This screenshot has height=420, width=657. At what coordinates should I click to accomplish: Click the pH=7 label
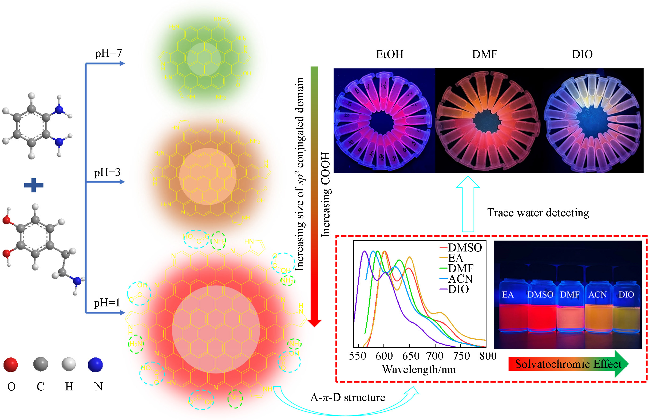pos(108,53)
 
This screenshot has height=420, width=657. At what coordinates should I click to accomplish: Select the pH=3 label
pos(107,172)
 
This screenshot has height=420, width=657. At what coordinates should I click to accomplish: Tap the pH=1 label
pos(107,303)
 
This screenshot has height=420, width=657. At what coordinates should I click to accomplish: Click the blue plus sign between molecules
pos(34,185)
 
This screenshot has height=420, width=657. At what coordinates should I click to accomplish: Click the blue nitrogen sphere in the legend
pos(96,364)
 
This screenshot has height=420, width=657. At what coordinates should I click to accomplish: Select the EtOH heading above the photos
pos(390,54)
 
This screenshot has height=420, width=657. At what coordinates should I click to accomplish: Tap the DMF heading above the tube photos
pos(485,54)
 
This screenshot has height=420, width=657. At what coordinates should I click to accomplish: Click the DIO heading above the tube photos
pos(582,54)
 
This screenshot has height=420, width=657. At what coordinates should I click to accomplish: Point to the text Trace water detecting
pos(538,213)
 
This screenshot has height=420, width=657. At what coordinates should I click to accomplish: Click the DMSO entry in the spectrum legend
pos(465,248)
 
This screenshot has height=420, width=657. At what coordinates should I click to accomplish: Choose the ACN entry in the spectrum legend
pos(460,279)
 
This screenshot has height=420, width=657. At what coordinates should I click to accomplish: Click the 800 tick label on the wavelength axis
pos(488,356)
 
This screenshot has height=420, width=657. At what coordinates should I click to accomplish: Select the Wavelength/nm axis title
pos(419,369)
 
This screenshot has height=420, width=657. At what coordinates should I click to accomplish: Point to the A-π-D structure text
pos(348,397)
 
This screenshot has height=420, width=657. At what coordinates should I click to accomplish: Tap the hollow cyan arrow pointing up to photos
pos(468,205)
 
